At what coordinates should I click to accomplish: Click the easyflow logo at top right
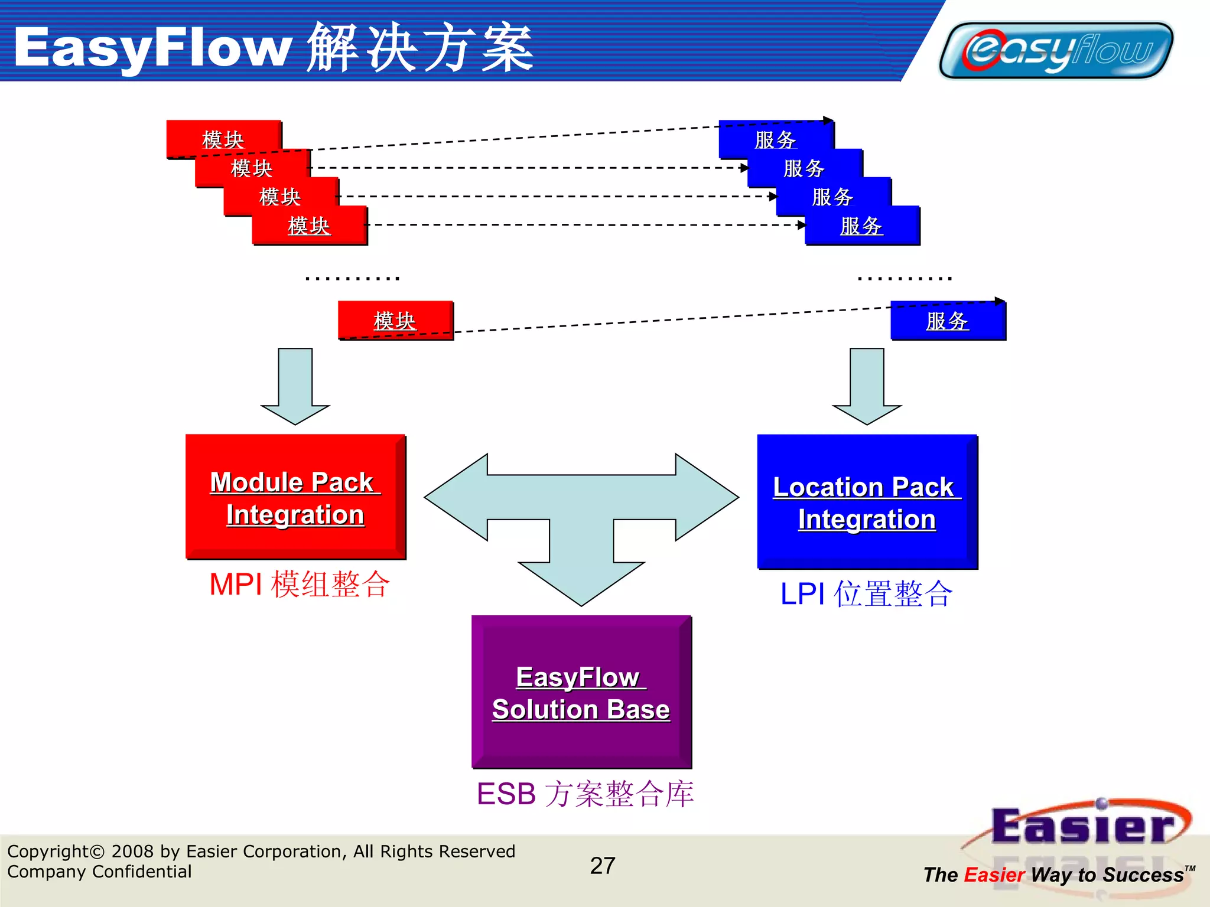click(x=1056, y=51)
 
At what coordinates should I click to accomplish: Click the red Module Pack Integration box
click(x=295, y=497)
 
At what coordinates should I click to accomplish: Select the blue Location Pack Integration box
click(x=867, y=502)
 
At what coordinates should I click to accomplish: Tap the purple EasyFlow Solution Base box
click(x=581, y=692)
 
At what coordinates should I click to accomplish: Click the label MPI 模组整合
click(x=300, y=585)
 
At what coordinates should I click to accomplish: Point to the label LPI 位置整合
click(x=866, y=594)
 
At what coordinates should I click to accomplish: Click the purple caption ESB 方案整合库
click(x=585, y=794)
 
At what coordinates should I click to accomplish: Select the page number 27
click(x=603, y=866)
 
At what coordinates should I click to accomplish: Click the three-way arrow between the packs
click(x=581, y=508)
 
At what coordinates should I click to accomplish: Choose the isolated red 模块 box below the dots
click(x=395, y=321)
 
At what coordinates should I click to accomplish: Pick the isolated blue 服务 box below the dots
click(x=948, y=321)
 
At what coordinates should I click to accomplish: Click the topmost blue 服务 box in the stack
click(x=775, y=139)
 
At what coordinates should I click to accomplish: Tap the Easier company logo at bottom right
click(x=1081, y=827)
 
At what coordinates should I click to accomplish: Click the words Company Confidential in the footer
click(x=99, y=872)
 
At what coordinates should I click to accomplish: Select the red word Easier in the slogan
click(x=994, y=875)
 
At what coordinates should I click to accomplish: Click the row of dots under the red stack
click(x=353, y=278)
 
